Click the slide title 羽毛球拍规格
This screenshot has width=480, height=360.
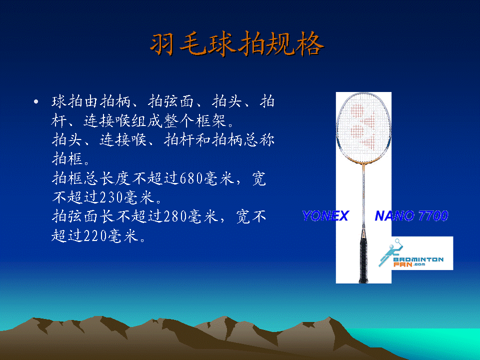237,44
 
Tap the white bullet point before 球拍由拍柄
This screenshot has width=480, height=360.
36,101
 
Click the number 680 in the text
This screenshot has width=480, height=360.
191,178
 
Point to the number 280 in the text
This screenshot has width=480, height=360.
175,216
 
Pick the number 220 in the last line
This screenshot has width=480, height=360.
95,235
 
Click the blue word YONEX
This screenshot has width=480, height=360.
325,216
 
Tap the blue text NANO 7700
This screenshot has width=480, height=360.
411,216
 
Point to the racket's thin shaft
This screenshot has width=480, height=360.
363,196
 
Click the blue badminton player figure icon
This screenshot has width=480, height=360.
391,252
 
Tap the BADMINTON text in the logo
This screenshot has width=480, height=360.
418,259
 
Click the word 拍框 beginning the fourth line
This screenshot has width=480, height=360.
67,159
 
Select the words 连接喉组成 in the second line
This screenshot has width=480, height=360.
123,121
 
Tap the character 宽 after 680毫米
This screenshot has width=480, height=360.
259,178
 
